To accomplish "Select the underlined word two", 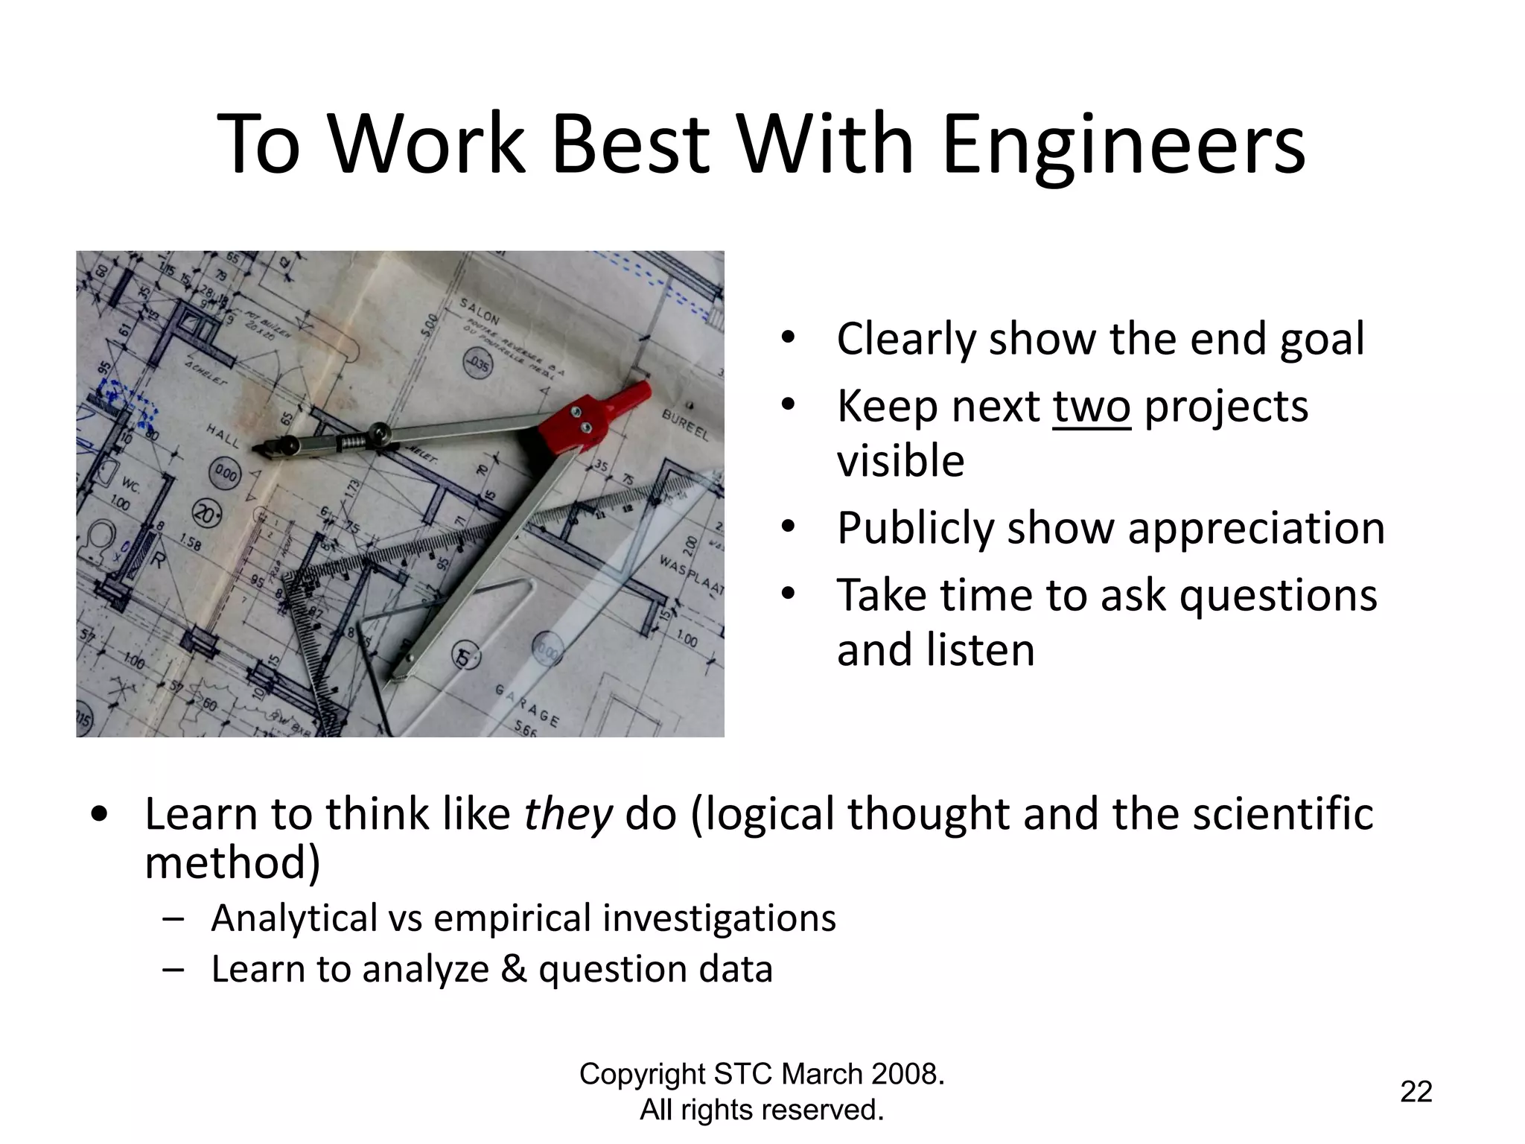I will [1091, 407].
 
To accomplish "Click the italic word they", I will [567, 814].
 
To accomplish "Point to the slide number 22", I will [1416, 1092].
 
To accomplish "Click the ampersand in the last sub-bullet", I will [513, 970].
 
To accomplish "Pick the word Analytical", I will [294, 918].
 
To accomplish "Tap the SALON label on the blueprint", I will [480, 311].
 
